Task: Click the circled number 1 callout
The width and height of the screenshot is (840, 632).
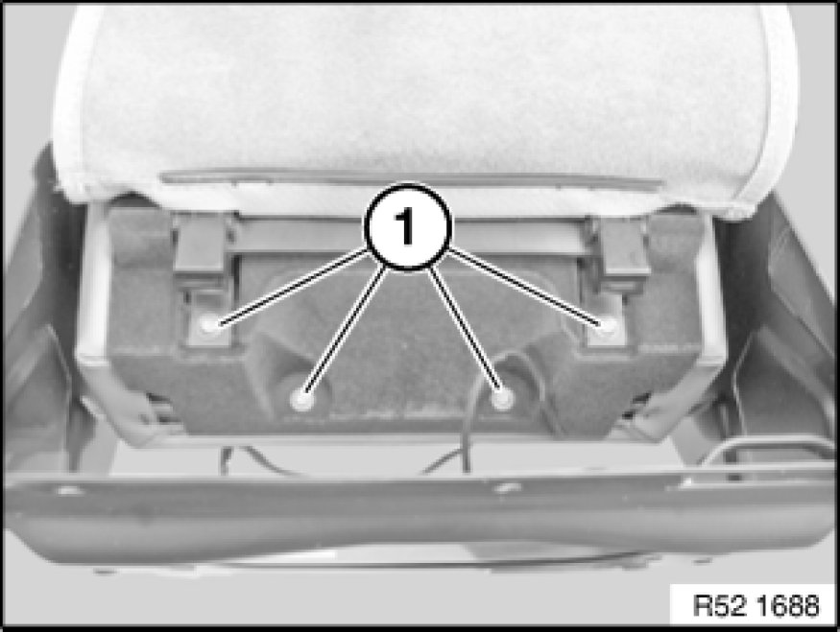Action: [x=408, y=227]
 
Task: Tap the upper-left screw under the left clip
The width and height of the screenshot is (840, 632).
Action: [x=209, y=324]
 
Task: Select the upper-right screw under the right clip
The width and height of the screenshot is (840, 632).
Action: [x=608, y=324]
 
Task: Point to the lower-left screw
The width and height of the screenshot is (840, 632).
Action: [x=301, y=399]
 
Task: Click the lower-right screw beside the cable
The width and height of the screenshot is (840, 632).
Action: [x=502, y=398]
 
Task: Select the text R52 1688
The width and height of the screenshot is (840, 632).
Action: [x=756, y=605]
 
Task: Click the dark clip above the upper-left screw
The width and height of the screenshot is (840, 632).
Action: [x=200, y=244]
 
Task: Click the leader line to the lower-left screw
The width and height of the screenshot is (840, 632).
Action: [x=346, y=327]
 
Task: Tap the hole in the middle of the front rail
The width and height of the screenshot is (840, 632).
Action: [x=505, y=487]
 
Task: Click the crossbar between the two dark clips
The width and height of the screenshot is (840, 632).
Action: [x=410, y=236]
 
